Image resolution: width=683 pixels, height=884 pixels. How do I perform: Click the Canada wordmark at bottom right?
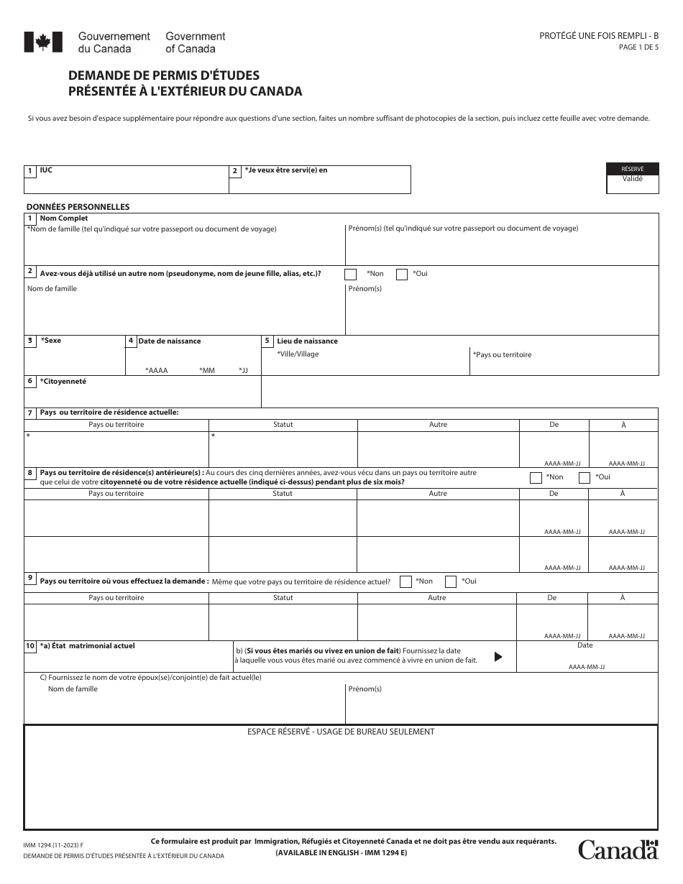[618, 850]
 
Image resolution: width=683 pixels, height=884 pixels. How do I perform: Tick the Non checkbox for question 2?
[351, 274]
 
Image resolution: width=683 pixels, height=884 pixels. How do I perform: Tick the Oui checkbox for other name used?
[401, 274]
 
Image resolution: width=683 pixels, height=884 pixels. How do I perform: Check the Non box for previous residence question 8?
[536, 477]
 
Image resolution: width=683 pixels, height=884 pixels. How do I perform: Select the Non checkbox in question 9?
[405, 581]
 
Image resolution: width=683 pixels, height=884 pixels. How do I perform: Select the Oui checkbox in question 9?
[451, 581]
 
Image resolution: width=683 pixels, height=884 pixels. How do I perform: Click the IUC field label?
[46, 170]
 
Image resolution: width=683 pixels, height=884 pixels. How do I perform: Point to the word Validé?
[633, 180]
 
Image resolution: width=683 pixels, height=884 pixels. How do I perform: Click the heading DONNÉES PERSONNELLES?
[78, 207]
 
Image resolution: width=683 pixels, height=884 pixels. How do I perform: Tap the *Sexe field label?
[51, 341]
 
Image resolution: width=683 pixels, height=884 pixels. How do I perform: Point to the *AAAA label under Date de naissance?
[156, 370]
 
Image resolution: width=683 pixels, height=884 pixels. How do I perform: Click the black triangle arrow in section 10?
[498, 656]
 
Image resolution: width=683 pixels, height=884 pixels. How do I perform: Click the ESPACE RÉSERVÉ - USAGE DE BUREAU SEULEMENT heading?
[341, 732]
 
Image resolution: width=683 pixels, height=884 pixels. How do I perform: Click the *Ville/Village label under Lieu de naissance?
[298, 354]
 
